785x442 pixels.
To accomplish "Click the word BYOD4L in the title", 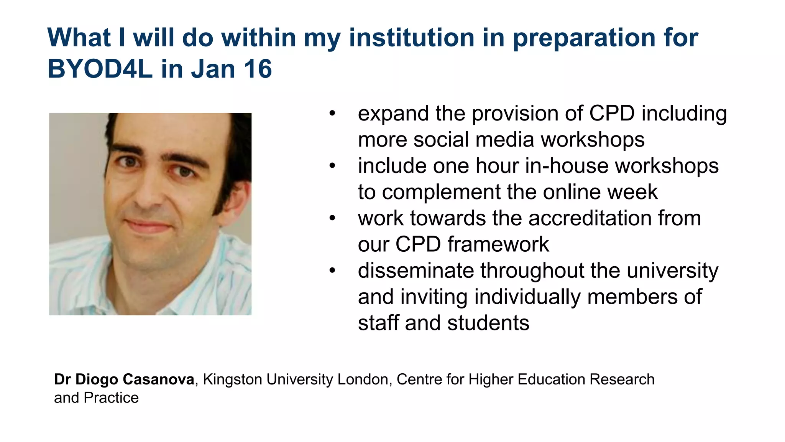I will [x=100, y=69].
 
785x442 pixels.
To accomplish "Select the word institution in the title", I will [x=412, y=38].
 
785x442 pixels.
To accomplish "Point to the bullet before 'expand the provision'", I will [x=332, y=114].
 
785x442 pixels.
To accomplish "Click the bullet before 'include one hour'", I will [x=332, y=166].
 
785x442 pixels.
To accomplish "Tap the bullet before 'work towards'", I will [x=332, y=218].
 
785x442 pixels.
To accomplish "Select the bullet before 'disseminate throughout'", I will [x=332, y=271].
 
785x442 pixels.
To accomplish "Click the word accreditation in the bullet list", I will [x=590, y=218].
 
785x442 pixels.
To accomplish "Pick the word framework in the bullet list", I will [x=498, y=244].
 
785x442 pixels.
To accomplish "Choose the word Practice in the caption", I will [x=111, y=398].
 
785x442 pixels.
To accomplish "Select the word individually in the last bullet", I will [x=528, y=297].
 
